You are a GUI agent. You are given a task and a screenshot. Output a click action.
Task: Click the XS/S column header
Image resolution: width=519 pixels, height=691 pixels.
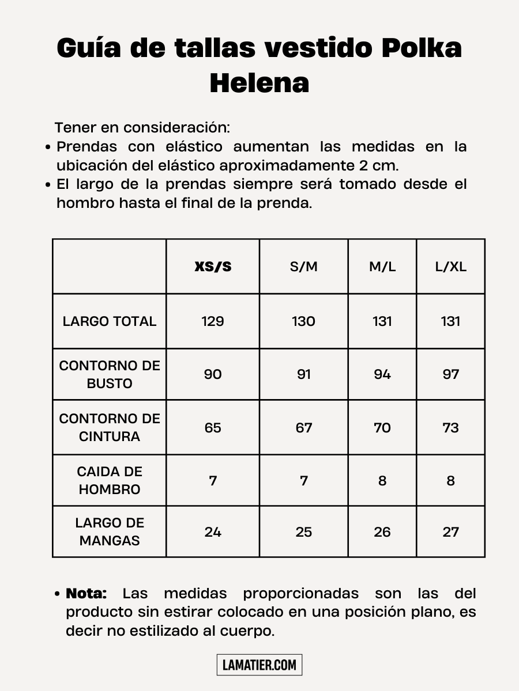213,267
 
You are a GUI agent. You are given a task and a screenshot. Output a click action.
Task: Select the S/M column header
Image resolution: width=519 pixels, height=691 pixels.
304,267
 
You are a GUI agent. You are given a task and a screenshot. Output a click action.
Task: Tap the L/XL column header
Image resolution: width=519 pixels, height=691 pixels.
450,267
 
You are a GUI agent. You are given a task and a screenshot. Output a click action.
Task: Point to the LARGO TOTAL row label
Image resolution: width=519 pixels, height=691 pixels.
110,321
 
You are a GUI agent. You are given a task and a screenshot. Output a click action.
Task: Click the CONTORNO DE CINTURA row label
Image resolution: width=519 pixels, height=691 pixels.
110,427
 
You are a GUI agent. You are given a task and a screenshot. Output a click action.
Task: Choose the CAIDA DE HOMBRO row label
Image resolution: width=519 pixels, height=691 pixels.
110,480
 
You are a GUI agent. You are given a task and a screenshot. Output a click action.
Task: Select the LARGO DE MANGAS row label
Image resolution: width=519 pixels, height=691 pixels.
110,531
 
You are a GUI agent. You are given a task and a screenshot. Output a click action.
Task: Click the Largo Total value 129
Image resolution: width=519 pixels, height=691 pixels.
213,321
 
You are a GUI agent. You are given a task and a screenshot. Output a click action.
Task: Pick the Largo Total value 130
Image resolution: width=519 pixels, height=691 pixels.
304,321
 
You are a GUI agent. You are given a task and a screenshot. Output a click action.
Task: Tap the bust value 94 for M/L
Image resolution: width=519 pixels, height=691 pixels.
382,374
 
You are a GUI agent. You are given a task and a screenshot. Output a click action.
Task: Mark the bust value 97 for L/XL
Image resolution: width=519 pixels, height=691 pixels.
450,374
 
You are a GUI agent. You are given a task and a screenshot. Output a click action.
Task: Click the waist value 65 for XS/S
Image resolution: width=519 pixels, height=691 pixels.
213,427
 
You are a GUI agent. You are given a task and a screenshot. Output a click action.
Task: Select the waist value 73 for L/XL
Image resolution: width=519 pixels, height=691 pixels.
450,427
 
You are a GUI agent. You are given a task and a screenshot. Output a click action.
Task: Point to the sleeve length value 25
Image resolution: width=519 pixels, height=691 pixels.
304,532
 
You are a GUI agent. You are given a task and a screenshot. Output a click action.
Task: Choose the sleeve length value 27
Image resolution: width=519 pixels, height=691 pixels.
450,532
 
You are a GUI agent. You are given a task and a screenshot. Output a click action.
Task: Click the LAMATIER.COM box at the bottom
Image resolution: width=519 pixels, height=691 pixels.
259,665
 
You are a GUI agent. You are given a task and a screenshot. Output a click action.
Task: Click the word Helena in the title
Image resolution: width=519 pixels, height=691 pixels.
259,82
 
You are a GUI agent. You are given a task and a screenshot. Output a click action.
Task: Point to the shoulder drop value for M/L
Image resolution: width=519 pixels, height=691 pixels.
382,481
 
